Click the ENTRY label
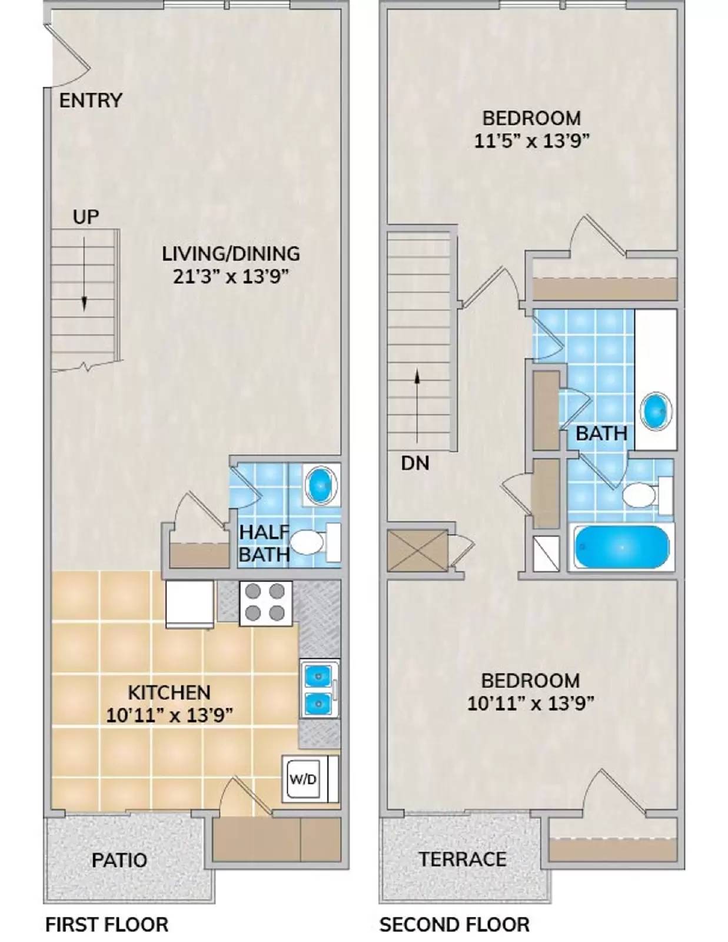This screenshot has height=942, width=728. tap(91, 101)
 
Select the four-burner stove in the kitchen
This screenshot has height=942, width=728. tap(265, 602)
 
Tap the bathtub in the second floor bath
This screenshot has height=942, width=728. tap(622, 547)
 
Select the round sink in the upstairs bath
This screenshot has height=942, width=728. tap(656, 410)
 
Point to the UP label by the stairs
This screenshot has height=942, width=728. tap(86, 217)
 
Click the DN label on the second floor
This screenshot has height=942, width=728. tap(415, 463)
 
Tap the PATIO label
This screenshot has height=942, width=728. tap(119, 860)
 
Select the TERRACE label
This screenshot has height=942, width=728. tap(462, 859)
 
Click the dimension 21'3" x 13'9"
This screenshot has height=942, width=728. tap(231, 277)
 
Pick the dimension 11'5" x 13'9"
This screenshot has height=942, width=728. tap(531, 141)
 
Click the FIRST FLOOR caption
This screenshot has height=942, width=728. tap(107, 924)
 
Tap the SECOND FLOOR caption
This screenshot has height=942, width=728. tap(454, 924)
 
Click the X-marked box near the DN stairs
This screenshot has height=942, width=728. tap(418, 551)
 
